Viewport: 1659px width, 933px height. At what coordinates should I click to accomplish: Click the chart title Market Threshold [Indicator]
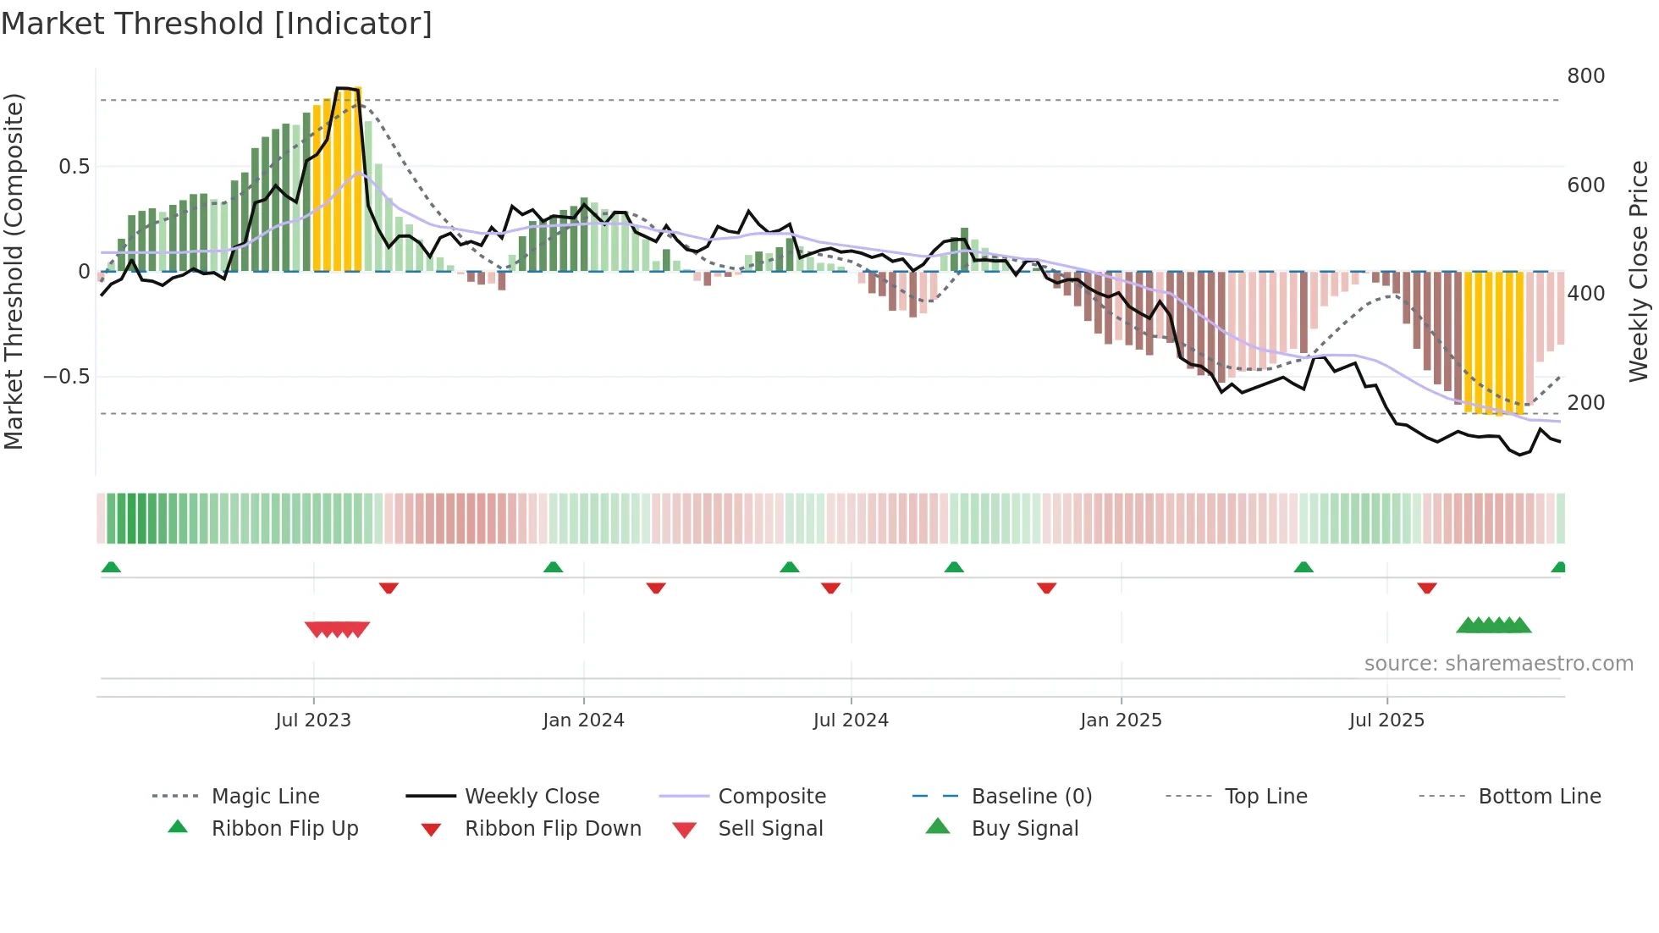coord(217,24)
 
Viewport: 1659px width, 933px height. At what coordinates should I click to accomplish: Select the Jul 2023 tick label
coord(313,720)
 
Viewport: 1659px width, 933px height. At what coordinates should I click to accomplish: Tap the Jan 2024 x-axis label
coord(583,720)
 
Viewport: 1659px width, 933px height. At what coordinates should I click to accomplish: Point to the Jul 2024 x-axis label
coord(851,720)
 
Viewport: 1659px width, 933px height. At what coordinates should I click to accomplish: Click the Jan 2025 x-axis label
coord(1121,720)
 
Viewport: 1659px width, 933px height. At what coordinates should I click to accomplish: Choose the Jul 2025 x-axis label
coord(1386,720)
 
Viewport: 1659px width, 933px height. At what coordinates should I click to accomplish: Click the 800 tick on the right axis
coord(1585,76)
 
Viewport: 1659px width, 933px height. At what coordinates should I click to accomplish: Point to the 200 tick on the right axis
coord(1585,403)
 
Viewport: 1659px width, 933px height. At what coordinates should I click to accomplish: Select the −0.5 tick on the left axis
coord(67,377)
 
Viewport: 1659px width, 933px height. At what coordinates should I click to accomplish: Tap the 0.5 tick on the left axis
coord(74,167)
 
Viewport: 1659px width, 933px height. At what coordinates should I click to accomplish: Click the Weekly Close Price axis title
coord(1639,271)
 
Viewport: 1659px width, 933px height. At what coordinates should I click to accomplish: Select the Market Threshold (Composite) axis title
coord(14,271)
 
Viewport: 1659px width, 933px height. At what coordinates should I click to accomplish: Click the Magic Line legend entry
coord(265,797)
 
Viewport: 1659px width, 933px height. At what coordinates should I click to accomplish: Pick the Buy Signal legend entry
coord(1024,829)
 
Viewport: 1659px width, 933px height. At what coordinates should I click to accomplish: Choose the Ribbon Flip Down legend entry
coord(552,829)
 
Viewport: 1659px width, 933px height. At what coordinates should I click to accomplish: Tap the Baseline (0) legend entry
coord(1031,797)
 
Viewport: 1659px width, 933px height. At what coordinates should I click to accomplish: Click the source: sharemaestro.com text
coord(1498,664)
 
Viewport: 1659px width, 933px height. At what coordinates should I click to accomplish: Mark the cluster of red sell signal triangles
coord(337,629)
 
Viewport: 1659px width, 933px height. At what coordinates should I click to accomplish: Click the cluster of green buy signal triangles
coord(1494,626)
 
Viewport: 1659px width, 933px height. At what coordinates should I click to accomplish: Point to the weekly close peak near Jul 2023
coord(344,88)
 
